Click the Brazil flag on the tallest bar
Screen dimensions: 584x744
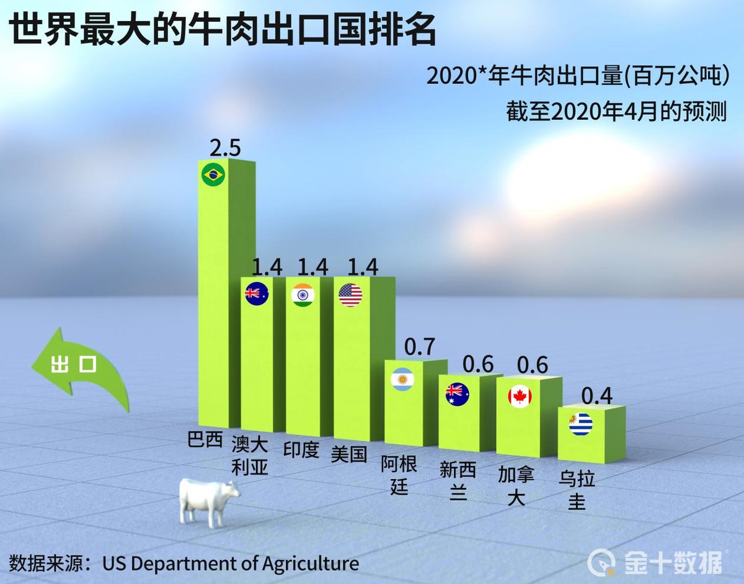coord(213,174)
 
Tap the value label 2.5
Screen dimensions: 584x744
coord(224,148)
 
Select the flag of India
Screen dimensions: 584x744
coord(303,295)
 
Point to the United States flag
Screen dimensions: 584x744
coord(350,295)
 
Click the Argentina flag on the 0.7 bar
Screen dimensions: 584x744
coord(402,379)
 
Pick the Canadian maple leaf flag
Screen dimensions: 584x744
coord(520,396)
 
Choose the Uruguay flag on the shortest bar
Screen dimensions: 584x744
coord(581,424)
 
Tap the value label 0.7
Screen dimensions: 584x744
coord(420,347)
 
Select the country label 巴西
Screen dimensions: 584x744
coord(205,440)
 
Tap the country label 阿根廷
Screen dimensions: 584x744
coord(399,475)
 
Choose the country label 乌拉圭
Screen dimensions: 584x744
coord(577,490)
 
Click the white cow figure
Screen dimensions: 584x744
coord(208,500)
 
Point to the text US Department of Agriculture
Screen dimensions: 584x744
coord(231,564)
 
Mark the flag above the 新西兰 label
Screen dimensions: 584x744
coord(458,394)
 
